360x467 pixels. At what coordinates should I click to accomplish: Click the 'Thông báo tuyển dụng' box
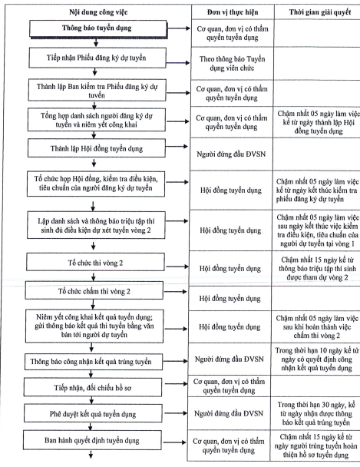coord(98,29)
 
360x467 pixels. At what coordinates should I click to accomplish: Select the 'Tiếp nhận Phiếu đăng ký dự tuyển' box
coord(97,58)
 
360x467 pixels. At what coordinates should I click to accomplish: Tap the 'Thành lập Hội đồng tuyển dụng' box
coord(97,148)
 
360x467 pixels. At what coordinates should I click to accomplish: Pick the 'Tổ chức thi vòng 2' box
coord(95,262)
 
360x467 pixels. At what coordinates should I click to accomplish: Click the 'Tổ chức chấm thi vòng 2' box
coord(94,290)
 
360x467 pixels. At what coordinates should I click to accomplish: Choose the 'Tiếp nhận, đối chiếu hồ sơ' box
coord(93,387)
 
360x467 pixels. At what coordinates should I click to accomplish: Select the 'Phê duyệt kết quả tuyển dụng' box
coord(93,413)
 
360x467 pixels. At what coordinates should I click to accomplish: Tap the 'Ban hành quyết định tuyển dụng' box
coord(92,440)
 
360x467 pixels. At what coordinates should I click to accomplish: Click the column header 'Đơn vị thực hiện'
coord(233,12)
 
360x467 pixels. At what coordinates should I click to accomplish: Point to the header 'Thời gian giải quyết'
coord(320,12)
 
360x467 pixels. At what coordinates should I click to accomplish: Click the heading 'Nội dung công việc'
coord(98,12)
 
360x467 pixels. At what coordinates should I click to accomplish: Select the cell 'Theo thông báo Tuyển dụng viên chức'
coord(232,64)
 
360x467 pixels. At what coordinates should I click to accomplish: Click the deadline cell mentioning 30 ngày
coord(316,413)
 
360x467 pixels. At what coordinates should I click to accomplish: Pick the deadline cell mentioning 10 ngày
coord(317,359)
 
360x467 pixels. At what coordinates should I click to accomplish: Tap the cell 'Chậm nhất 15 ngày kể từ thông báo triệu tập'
coord(317,269)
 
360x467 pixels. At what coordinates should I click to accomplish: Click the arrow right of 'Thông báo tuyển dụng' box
coord(179,28)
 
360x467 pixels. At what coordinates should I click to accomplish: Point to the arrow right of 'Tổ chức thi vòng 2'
coord(177,267)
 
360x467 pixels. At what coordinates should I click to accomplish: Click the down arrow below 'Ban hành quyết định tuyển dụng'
coord(91,454)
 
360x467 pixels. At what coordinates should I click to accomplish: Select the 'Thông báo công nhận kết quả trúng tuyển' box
coord(94,362)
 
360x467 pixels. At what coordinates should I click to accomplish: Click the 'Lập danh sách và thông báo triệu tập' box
coord(96,225)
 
